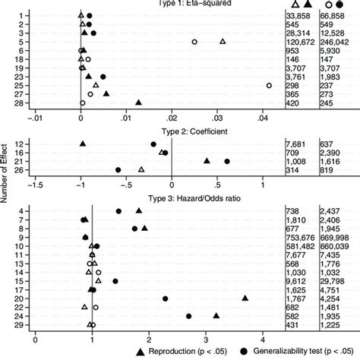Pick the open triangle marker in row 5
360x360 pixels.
pyautogui.click(x=223, y=42)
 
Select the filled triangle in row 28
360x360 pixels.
pyautogui.click(x=138, y=103)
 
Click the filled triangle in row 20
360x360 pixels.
pyautogui.click(x=245, y=298)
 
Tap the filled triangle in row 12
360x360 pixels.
pyautogui.click(x=82, y=144)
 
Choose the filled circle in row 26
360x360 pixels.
pyautogui.click(x=118, y=169)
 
